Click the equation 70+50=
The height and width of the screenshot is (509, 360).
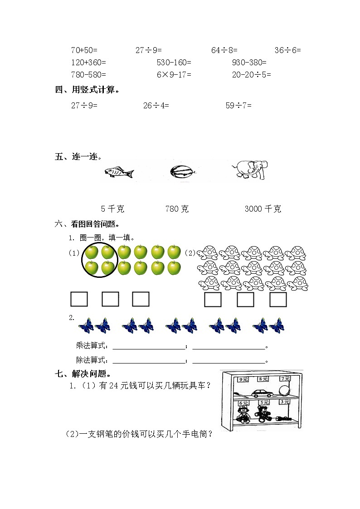click(84, 50)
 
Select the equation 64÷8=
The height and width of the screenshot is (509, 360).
click(224, 50)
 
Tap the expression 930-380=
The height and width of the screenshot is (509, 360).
click(249, 63)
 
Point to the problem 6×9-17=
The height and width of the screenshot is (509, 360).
click(174, 75)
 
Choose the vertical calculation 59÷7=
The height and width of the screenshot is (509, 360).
click(238, 105)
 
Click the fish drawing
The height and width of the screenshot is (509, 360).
click(119, 173)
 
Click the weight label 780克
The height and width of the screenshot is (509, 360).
click(177, 209)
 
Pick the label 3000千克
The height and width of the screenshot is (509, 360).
click(263, 209)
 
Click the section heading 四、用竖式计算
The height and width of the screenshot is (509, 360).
click(87, 90)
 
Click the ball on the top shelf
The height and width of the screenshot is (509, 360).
click(284, 390)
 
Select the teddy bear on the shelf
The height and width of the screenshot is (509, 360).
click(262, 414)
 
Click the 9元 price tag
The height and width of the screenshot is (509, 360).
click(243, 379)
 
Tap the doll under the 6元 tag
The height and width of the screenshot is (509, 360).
click(243, 414)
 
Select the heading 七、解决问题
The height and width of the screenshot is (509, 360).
click(83, 374)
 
